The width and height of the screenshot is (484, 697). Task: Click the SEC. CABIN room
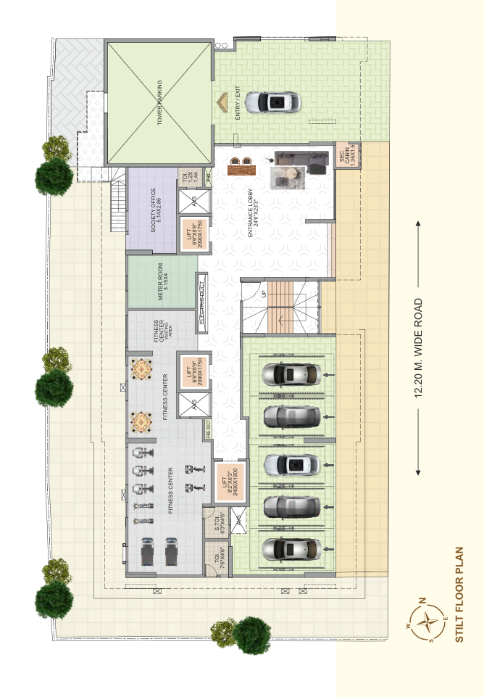tap(345, 157)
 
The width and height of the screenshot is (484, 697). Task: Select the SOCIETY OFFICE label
tap(153, 211)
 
